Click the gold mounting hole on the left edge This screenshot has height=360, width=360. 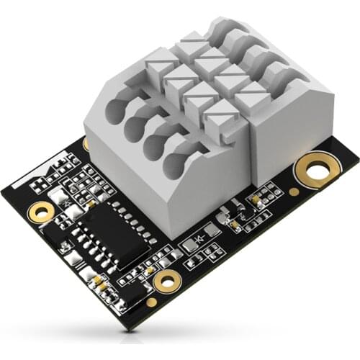(x=42, y=211)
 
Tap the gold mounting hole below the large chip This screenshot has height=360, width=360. (x=166, y=282)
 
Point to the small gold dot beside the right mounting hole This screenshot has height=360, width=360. (x=294, y=192)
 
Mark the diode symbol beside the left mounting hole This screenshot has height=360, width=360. (x=67, y=204)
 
